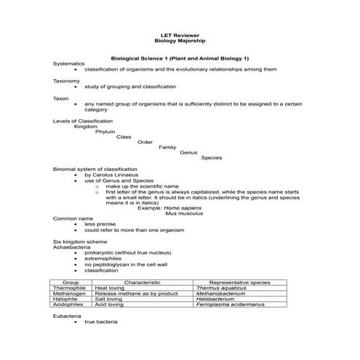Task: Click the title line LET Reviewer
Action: click(180, 35)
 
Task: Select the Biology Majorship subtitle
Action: click(180, 41)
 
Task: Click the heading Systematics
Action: click(69, 64)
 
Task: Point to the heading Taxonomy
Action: click(67, 81)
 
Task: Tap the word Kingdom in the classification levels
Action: click(85, 126)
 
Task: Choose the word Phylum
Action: click(105, 132)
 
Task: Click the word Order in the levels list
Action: click(145, 142)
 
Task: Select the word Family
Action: click(167, 147)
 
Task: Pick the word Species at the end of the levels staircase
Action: click(212, 158)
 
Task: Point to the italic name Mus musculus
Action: click(181, 213)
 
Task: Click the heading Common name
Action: click(73, 218)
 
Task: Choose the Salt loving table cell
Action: click(109, 298)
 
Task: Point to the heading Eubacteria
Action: click(67, 316)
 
